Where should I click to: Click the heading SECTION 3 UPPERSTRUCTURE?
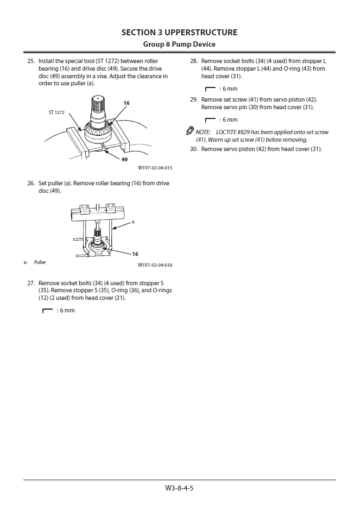pyautogui.click(x=179, y=33)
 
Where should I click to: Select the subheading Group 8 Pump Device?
pyautogui.click(x=179, y=44)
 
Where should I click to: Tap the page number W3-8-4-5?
pyautogui.click(x=179, y=488)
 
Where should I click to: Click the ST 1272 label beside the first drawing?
pyautogui.click(x=56, y=112)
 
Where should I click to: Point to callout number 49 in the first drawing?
pyautogui.click(x=124, y=159)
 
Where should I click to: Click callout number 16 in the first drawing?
pyautogui.click(x=127, y=103)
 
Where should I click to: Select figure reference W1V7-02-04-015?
pyautogui.click(x=155, y=168)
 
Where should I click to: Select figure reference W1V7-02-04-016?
pyautogui.click(x=155, y=265)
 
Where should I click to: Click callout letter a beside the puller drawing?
pyautogui.click(x=133, y=222)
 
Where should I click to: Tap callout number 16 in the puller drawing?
pyautogui.click(x=135, y=254)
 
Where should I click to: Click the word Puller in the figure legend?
pyautogui.click(x=40, y=262)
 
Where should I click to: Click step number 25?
pyautogui.click(x=31, y=61)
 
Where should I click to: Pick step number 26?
pyautogui.click(x=31, y=184)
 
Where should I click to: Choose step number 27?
pyautogui.click(x=31, y=283)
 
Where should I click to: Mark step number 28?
pyautogui.click(x=194, y=61)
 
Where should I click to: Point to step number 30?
pyautogui.click(x=194, y=149)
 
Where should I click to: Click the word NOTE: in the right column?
pyautogui.click(x=203, y=132)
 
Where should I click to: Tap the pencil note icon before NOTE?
pyautogui.click(x=190, y=131)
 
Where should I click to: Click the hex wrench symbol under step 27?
pyautogui.click(x=47, y=310)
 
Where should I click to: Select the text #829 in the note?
pyautogui.click(x=245, y=132)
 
